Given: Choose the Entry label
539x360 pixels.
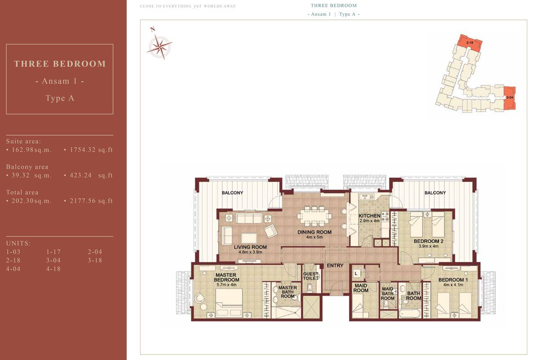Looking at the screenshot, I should (335, 266).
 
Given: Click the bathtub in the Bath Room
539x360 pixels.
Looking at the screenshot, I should (410, 312).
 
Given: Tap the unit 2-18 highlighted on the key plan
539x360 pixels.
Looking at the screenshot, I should (470, 43).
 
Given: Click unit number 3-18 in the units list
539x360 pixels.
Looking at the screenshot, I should (95, 260).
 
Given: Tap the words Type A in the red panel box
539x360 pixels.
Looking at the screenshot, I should (60, 98).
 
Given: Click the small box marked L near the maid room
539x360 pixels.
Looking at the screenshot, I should (356, 273).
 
